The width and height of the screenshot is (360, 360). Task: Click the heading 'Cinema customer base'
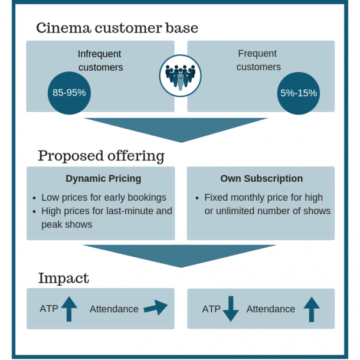click(x=117, y=28)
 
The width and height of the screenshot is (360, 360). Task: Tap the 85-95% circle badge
click(x=69, y=93)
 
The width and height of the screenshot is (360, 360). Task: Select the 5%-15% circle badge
click(x=299, y=93)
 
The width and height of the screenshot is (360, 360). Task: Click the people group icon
click(x=180, y=76)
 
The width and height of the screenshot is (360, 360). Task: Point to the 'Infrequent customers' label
click(x=100, y=61)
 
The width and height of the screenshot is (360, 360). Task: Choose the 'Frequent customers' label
click(x=258, y=60)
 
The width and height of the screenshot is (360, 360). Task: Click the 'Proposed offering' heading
click(x=101, y=156)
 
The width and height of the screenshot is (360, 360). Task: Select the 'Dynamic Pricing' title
click(x=103, y=179)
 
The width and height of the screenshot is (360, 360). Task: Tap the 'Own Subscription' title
click(x=261, y=179)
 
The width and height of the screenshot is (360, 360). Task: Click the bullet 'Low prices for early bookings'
click(x=103, y=198)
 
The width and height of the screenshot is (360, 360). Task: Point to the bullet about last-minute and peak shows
click(x=106, y=218)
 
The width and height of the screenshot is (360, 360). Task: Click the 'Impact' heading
click(x=63, y=278)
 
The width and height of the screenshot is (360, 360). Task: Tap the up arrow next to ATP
click(x=69, y=309)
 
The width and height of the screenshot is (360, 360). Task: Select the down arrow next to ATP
click(x=230, y=309)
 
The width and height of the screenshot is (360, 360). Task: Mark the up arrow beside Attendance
click(x=312, y=309)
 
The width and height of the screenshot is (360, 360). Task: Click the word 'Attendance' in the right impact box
click(x=270, y=309)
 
